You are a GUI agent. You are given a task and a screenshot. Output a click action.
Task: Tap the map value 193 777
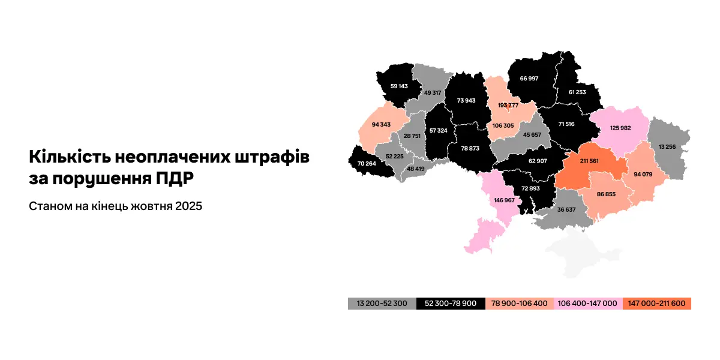[x=508, y=105]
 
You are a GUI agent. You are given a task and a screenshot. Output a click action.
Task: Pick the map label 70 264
[x=366, y=163]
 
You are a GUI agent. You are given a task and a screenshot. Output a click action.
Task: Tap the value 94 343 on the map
[x=380, y=125]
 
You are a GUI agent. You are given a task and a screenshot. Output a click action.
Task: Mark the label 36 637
[x=566, y=210]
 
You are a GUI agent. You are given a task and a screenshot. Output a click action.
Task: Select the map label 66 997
[x=529, y=79]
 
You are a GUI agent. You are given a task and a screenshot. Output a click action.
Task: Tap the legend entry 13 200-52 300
[x=382, y=304]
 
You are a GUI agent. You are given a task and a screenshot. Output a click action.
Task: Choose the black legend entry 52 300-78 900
[x=451, y=304]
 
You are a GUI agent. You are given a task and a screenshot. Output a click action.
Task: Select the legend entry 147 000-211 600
[x=657, y=304]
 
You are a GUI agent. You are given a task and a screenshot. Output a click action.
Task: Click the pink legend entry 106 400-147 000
[x=588, y=304]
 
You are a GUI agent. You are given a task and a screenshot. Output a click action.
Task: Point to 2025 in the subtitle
[x=189, y=206]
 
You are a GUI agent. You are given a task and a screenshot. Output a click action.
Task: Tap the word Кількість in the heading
[x=67, y=157]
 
